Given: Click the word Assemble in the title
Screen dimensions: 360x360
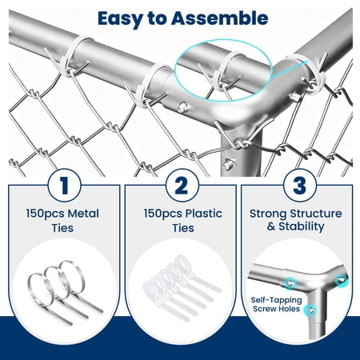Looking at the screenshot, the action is (219, 18).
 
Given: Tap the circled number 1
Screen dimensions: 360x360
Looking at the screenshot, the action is (64, 186).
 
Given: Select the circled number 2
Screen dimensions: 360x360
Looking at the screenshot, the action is (182, 186).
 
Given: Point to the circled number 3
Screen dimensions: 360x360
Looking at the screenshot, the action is (300, 186).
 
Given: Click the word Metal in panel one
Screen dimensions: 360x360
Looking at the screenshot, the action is (83, 214).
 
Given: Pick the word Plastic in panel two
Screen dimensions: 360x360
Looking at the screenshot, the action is (204, 214).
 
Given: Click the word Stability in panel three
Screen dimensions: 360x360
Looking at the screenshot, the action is (302, 226).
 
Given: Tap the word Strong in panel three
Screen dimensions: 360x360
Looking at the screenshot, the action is (268, 214).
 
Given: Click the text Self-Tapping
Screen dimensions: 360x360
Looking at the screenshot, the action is (277, 301).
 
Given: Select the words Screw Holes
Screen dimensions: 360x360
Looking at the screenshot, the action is (277, 309).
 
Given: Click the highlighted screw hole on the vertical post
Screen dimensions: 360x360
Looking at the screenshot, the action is (311, 310).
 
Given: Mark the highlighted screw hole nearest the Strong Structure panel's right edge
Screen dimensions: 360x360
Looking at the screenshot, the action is (342, 280).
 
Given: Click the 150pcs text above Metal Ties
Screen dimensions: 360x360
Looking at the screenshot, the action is (46, 214).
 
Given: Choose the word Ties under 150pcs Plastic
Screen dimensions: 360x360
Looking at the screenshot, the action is (183, 228).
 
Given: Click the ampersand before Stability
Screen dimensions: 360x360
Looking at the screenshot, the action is (271, 226).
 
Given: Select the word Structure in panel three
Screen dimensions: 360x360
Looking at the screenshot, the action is (316, 214).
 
